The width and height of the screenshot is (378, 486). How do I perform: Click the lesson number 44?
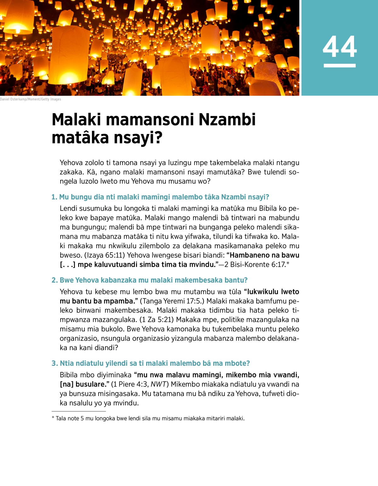[340, 47]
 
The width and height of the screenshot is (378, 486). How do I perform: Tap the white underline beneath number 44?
[340, 66]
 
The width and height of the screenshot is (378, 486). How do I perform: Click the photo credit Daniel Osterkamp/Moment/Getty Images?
[31, 99]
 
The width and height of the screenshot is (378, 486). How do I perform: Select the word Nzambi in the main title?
[227, 120]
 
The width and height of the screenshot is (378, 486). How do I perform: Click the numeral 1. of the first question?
[54, 197]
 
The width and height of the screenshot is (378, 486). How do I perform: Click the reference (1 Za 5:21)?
[157, 320]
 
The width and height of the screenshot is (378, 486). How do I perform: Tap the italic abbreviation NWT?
[158, 384]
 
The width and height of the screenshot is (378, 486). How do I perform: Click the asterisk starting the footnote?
[53, 418]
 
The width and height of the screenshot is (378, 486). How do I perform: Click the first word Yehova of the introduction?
[72, 163]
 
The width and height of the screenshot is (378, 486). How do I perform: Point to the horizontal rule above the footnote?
[79, 411]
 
